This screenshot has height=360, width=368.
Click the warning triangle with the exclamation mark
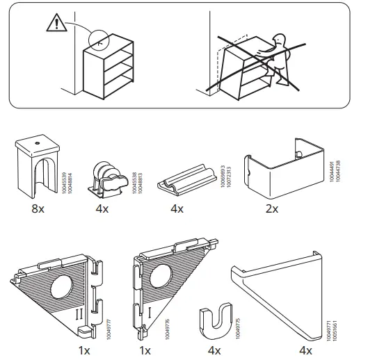pyautogui.click(x=54, y=25)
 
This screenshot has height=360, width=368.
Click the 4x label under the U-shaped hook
pyautogui.click(x=214, y=350)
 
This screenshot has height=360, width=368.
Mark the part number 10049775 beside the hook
pyautogui.click(x=240, y=313)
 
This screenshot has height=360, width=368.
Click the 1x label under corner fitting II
pyautogui.click(x=85, y=350)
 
